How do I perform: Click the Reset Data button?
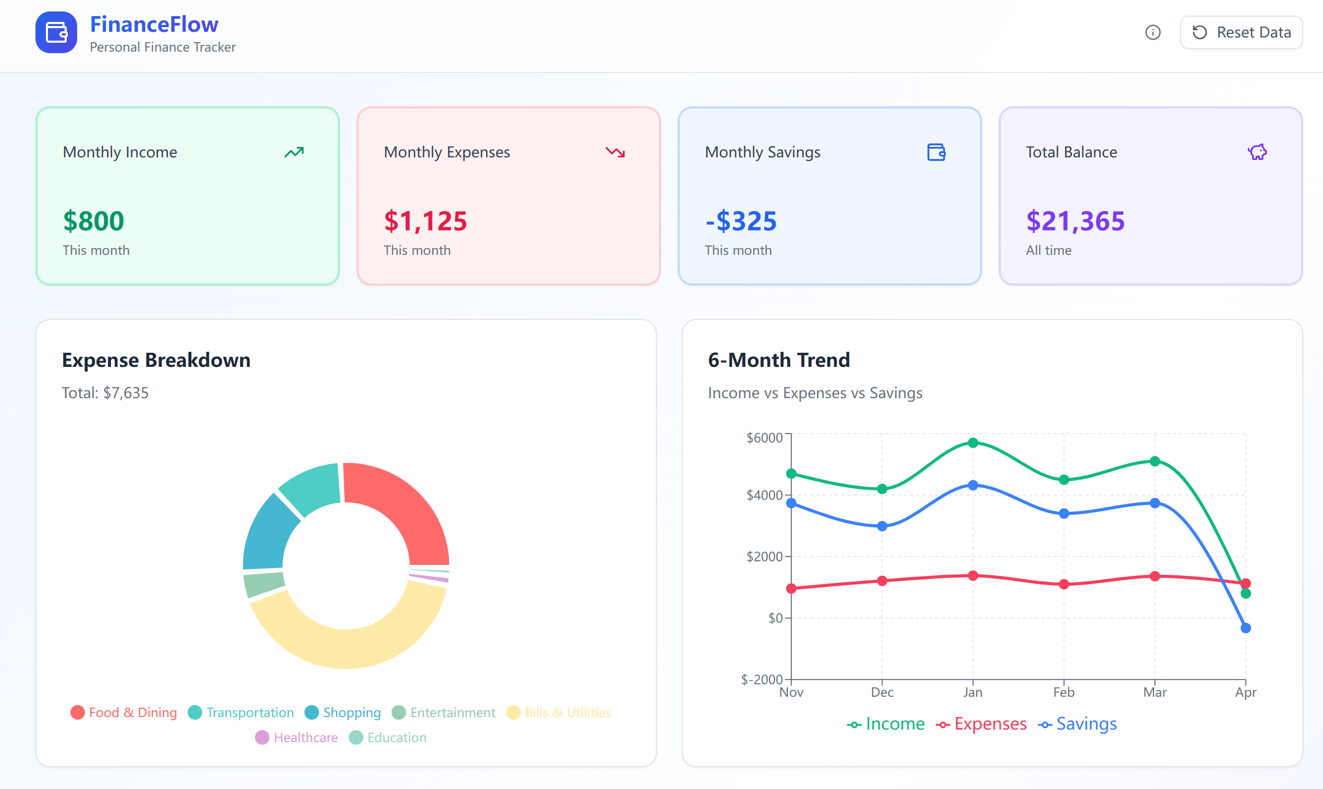tap(1241, 32)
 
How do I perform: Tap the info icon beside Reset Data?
tap(1153, 32)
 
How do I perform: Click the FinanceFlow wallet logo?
tap(56, 32)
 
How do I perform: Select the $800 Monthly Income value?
tap(94, 220)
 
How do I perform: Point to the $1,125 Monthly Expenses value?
tap(425, 220)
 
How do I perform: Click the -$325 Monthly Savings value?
tap(741, 220)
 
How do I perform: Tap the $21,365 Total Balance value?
tap(1075, 220)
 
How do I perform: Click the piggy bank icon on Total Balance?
tap(1257, 152)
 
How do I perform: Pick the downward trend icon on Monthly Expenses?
tap(615, 152)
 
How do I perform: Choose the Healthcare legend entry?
tap(296, 737)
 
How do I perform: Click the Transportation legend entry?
tap(241, 712)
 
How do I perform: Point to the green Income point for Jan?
tap(973, 443)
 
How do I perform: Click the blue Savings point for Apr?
tap(1245, 628)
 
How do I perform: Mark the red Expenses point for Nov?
tap(791, 588)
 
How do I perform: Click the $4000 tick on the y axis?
tap(765, 495)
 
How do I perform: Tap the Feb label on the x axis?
tap(1064, 692)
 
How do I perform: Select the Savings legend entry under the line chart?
tap(1077, 724)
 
